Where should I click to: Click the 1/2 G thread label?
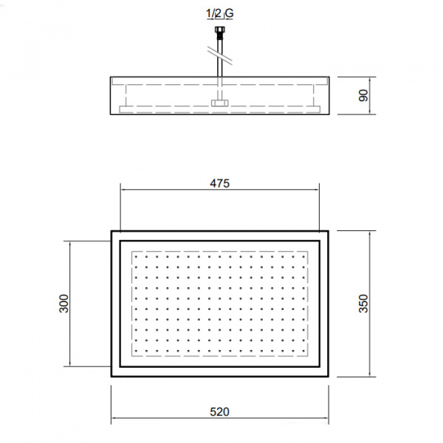pyautogui.click(x=219, y=13)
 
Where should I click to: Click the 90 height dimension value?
pyautogui.click(x=363, y=95)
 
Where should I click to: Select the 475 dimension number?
pyautogui.click(x=220, y=184)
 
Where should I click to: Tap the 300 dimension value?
pyautogui.click(x=63, y=303)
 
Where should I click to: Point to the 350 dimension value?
pyautogui.click(x=363, y=303)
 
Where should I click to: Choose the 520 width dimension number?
pyautogui.click(x=220, y=412)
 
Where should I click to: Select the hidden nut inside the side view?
pyautogui.click(x=219, y=103)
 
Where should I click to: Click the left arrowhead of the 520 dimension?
pyautogui.click(x=114, y=419)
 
